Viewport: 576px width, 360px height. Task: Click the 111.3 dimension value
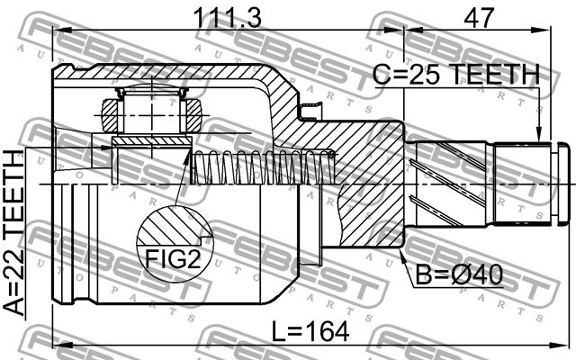tap(228, 18)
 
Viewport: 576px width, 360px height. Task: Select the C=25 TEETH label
tap(456, 75)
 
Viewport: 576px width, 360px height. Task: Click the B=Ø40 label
tap(459, 274)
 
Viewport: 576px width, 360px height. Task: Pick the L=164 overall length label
tap(310, 332)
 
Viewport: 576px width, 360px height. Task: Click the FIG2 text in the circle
tap(173, 259)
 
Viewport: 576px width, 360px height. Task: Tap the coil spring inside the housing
tap(264, 167)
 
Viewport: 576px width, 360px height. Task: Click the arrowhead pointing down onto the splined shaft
tap(539, 134)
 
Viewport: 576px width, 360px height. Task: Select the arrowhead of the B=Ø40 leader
tap(402, 256)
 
